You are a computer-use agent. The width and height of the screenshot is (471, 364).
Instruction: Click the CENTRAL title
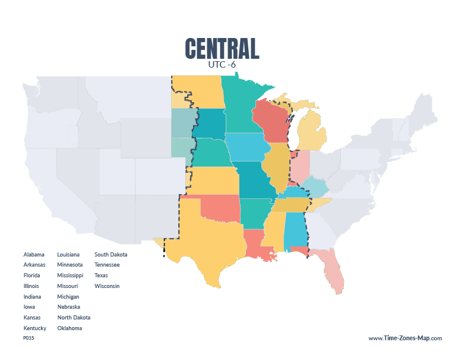pos(222,49)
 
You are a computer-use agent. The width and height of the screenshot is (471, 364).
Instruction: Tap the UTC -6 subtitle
pos(222,65)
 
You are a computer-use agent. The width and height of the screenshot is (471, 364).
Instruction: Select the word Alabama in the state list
pos(34,254)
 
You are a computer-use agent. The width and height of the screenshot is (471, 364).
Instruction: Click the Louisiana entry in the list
pos(69,254)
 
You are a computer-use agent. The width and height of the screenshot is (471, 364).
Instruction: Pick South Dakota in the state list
pos(110,254)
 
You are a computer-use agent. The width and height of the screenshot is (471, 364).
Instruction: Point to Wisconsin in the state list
pos(107,286)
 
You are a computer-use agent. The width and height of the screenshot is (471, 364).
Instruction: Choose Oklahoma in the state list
pos(69,328)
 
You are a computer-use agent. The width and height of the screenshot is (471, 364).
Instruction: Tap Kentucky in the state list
pos(34,328)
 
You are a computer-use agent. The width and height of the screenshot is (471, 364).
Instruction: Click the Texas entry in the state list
pos(101,276)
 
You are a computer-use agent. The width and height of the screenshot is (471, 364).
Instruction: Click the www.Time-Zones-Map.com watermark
pos(405,338)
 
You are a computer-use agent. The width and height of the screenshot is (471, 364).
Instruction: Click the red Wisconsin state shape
pos(270,122)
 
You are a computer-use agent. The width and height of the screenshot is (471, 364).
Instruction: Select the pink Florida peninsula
pos(333,273)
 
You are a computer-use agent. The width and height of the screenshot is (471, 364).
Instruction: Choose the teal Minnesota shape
pos(241,107)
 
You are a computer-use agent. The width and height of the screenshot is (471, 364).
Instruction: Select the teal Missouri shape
pos(258,181)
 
